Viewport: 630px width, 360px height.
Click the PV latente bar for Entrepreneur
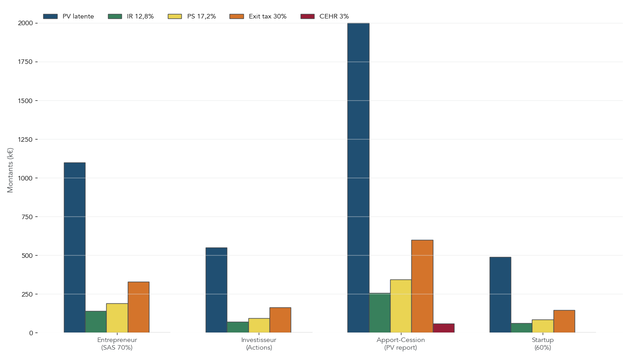coord(74,247)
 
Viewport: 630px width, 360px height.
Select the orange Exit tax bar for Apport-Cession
coord(422,286)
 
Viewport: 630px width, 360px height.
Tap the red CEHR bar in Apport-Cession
coord(444,328)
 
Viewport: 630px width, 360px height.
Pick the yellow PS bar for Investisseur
coord(259,325)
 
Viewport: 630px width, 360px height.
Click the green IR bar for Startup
coord(521,328)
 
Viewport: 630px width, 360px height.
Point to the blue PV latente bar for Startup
coord(500,295)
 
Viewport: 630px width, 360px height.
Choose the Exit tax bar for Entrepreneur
coord(138,307)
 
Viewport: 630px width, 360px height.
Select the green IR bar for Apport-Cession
coord(380,313)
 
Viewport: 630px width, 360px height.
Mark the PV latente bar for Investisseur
coord(216,290)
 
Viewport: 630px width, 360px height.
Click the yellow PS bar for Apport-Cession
coord(401,306)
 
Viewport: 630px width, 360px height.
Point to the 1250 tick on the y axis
coord(26,139)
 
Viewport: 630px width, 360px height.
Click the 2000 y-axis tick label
coord(26,23)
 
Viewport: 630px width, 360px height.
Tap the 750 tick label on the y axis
coord(28,217)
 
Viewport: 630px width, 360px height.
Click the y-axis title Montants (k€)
coord(11,170)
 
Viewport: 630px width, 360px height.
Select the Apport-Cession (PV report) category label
coord(400,344)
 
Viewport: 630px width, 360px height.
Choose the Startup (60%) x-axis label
coord(543,344)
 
